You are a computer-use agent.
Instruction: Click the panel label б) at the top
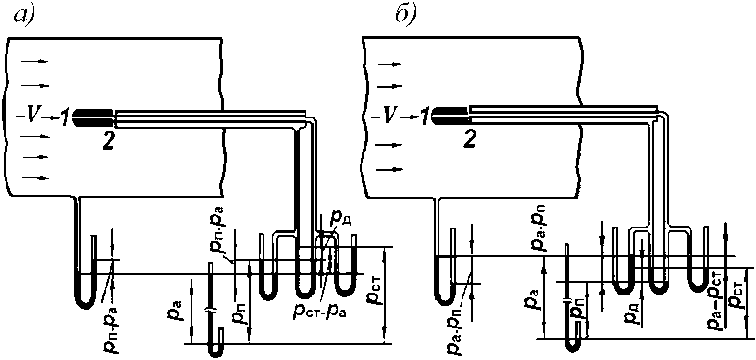406,13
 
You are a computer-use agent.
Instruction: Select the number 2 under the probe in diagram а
108,140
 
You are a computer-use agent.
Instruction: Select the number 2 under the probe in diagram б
469,139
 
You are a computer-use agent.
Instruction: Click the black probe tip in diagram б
450,116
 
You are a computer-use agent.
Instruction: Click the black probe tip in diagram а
93,117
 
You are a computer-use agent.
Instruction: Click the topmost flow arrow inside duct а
35,61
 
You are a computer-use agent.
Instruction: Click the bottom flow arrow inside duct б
390,170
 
